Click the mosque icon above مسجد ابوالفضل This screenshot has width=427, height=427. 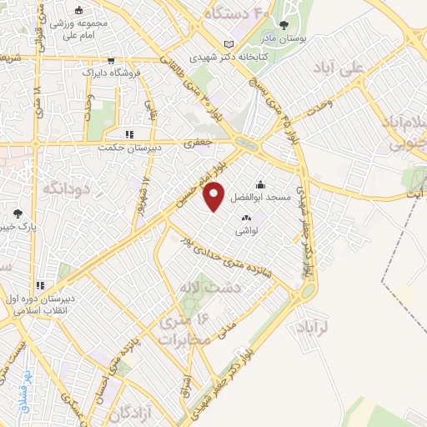pos(261,185)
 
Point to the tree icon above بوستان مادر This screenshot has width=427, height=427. pos(284,25)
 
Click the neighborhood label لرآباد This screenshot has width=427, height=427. pos(314,329)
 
